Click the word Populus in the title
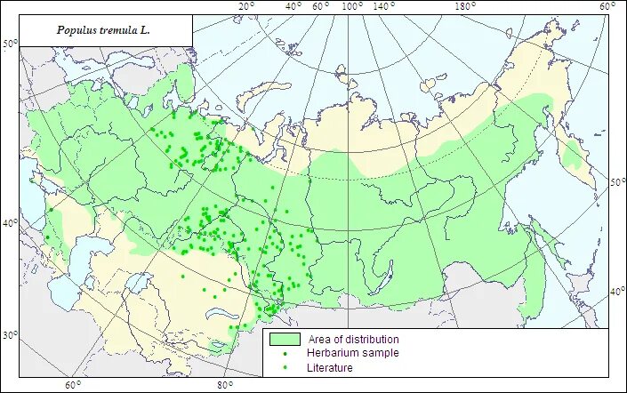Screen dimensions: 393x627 pyautogui.click(x=76, y=29)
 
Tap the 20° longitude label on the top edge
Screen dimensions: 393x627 pyautogui.click(x=246, y=7)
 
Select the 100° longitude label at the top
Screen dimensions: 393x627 pyautogui.click(x=352, y=7)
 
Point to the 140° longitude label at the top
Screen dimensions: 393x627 pyautogui.click(x=384, y=7)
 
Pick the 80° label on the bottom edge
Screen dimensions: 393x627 pyautogui.click(x=224, y=385)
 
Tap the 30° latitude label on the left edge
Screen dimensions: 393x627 pyautogui.click(x=10, y=335)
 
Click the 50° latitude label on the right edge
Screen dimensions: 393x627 pyautogui.click(x=617, y=181)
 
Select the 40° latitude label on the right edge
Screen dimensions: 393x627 pyautogui.click(x=617, y=292)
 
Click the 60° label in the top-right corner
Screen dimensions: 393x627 pyautogui.click(x=607, y=7)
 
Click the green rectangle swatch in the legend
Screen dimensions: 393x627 pyautogui.click(x=284, y=340)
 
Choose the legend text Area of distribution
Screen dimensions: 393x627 pyautogui.click(x=353, y=340)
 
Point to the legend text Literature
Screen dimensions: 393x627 pyautogui.click(x=330, y=367)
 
